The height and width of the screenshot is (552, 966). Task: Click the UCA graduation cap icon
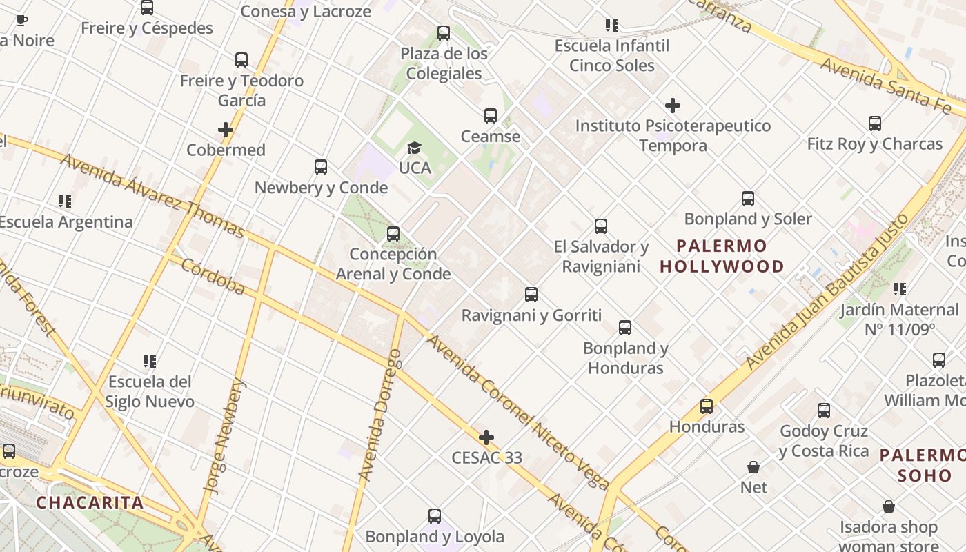point(414,148)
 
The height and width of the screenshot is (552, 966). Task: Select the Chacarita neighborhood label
point(90,502)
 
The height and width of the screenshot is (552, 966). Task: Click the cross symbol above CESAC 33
point(486,437)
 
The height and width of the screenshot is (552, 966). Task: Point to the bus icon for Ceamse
point(491,115)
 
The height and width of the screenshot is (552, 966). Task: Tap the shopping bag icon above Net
point(753,467)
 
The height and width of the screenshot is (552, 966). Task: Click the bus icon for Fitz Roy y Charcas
point(875,124)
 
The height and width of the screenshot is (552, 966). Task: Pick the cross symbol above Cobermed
point(226,130)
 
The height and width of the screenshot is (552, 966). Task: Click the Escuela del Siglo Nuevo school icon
point(150,361)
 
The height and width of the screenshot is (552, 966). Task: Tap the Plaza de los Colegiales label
point(444,63)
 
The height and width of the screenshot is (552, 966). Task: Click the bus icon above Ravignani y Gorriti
point(531,295)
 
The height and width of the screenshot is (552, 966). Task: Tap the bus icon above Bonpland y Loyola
point(435,516)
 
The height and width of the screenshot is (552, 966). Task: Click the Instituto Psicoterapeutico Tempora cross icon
point(673,106)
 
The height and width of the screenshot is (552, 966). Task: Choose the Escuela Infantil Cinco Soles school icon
point(612,26)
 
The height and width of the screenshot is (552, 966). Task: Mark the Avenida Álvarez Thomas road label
point(152,195)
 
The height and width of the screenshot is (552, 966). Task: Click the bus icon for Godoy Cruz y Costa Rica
point(824,411)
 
